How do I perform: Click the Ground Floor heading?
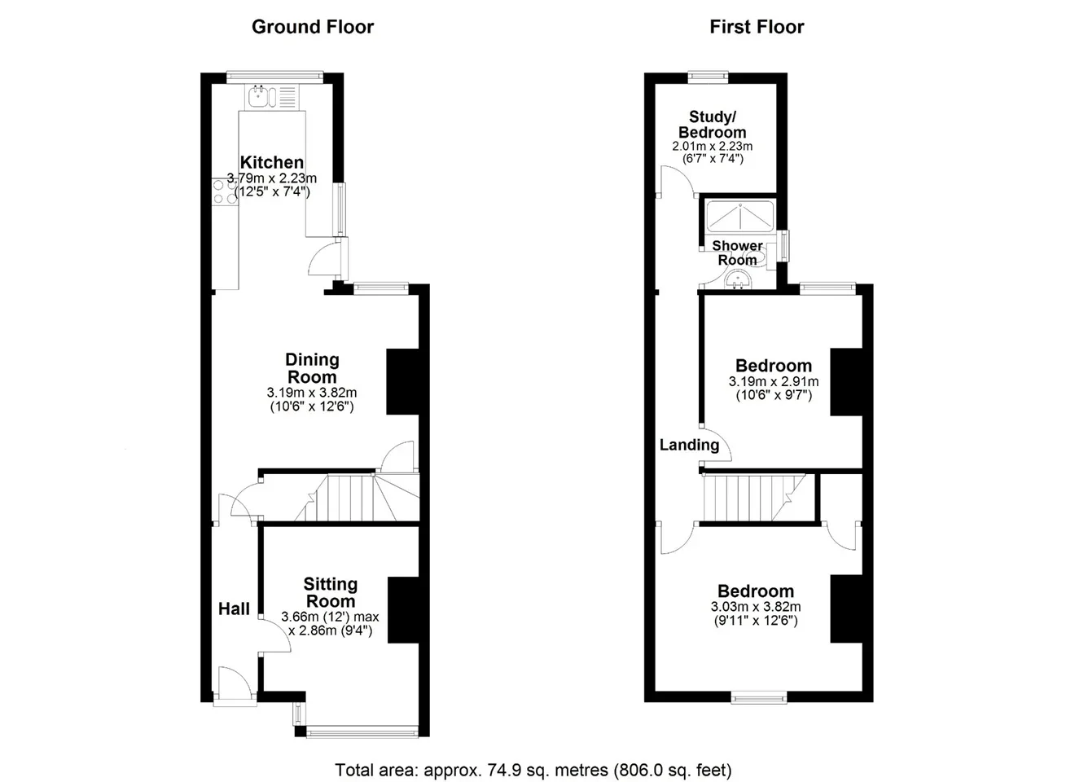point(313,27)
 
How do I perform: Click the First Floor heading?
point(757,27)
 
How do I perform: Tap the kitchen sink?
point(272,97)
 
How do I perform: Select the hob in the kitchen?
point(225,192)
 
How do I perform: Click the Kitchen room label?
point(272,162)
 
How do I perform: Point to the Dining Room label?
point(312,368)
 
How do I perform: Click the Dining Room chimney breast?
point(402,382)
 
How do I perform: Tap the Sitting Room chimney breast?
point(403,609)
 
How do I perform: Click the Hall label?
point(234,608)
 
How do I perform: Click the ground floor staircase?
point(357,498)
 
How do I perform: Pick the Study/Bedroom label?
point(712,125)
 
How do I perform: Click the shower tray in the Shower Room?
point(740,216)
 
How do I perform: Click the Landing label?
point(689,445)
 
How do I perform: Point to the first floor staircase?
point(758,498)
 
